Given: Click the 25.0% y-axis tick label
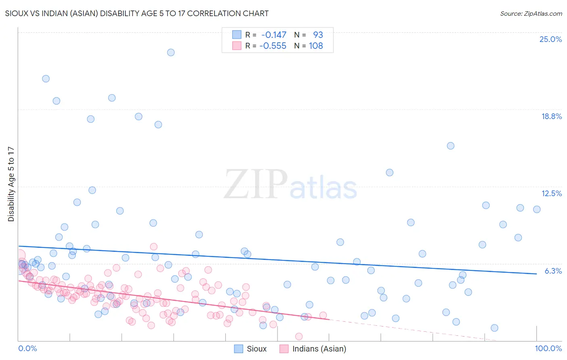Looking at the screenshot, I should click(550, 40).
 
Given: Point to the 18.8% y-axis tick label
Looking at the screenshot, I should click(551, 116).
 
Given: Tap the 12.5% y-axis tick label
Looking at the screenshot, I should click(551, 193).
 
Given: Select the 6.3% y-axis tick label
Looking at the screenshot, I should click(553, 271).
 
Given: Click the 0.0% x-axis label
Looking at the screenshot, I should click(27, 348).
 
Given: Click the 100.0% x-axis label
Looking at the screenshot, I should click(548, 348).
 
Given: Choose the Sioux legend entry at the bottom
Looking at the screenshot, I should click(250, 349).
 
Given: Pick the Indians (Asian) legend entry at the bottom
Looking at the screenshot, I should click(313, 349).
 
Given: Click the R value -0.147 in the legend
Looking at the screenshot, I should click(273, 35).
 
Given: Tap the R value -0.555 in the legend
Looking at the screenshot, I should click(273, 46).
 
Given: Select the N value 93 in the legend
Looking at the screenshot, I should click(318, 35).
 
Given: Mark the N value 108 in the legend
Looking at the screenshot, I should click(316, 46).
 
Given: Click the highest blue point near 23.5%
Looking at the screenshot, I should click(171, 52).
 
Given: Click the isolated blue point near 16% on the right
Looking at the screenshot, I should click(450, 146).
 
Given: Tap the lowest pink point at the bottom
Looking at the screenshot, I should click(299, 336).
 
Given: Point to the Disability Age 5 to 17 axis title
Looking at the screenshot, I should click(11, 184).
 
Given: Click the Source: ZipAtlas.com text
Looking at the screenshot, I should click(531, 14).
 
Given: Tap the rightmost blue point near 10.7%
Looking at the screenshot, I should click(537, 209).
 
